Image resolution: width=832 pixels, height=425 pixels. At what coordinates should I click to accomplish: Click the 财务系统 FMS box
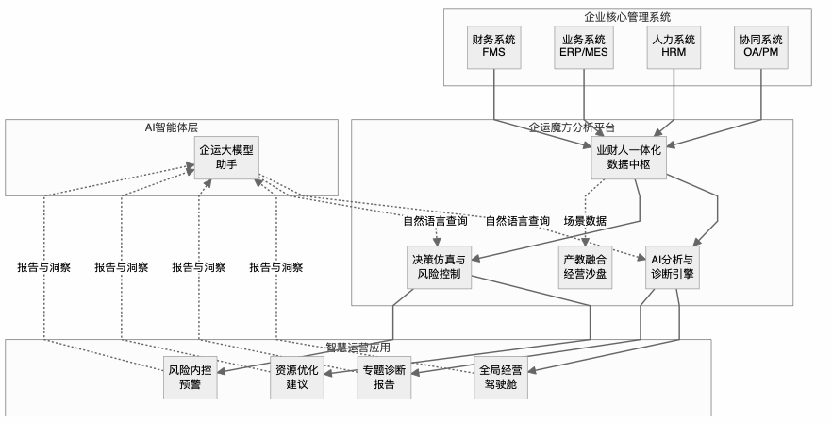pos(493,46)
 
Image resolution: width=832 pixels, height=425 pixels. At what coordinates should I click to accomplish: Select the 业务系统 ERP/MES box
pos(583,46)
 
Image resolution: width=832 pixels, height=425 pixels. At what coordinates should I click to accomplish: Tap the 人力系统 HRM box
pos(673,46)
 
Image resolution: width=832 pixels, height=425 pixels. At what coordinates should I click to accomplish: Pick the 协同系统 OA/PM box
pos(762,46)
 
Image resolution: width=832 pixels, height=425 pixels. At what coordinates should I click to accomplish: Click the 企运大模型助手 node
pos(226,157)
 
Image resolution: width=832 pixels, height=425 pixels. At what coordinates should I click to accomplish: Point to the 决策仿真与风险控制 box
pos(438,267)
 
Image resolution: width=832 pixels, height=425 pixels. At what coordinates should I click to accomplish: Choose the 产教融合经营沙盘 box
pos(584,267)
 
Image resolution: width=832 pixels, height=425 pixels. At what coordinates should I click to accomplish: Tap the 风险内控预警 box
pos(191,378)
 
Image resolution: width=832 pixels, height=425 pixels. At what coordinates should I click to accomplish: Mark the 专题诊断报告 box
pos(383,378)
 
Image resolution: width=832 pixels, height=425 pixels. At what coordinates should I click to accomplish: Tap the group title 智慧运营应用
pos(358,347)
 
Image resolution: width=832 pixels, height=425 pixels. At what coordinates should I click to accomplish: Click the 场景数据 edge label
pos(585,221)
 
